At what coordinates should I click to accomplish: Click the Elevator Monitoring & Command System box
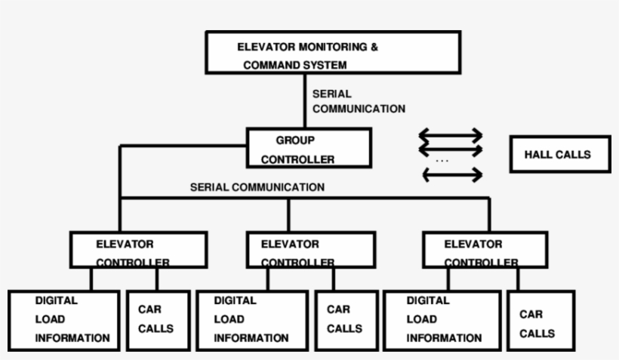point(333,53)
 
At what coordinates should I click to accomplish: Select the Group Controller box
point(309,148)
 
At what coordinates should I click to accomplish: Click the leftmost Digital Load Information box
point(64,319)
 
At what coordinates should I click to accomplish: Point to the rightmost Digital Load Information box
point(442,319)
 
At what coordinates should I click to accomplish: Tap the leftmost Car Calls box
point(157,319)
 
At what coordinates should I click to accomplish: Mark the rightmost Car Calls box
point(538,323)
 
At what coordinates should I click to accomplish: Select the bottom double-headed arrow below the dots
point(451,175)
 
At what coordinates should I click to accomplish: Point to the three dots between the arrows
point(442,161)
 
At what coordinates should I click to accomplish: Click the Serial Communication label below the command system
point(359,102)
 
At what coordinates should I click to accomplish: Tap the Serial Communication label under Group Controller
point(257,187)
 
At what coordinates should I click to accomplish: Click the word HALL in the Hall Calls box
point(539,155)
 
